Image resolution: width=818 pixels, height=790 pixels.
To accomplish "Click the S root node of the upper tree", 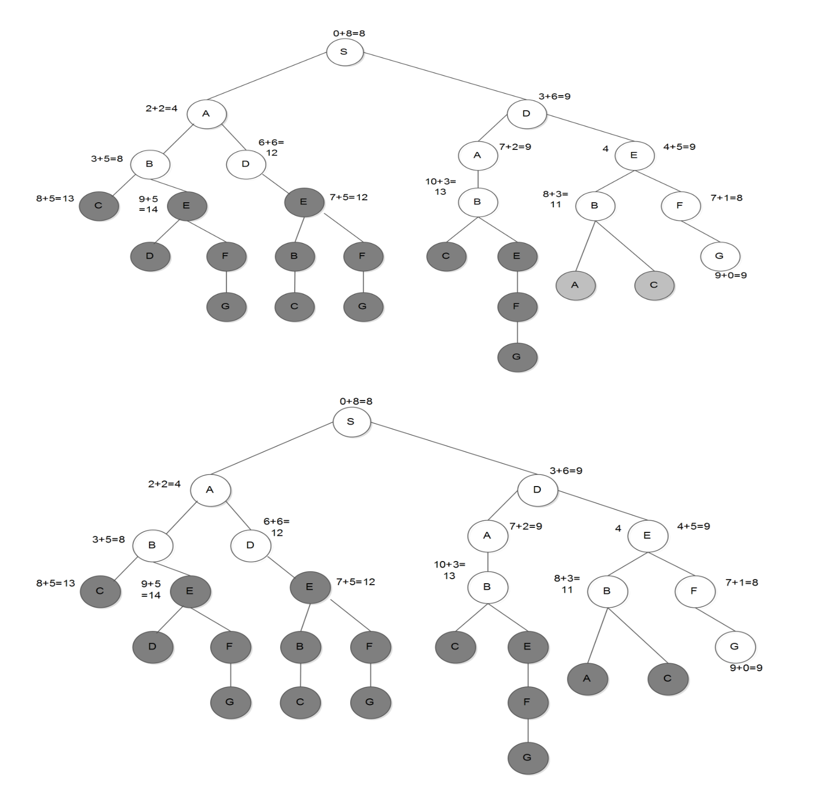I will [345, 52].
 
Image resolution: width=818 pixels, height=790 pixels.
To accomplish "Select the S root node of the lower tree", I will [351, 422].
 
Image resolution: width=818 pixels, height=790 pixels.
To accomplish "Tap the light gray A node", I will [575, 285].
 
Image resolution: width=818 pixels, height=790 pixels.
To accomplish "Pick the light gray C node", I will [654, 285].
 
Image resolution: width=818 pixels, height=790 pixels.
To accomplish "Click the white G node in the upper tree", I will [719, 256].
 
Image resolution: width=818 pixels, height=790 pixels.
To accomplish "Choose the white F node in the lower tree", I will [694, 591].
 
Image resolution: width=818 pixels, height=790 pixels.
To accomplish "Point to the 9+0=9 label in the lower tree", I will [746, 668].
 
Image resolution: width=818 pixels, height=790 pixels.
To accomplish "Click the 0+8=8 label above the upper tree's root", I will [349, 33].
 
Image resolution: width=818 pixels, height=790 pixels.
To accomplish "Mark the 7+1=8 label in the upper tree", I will [726, 198].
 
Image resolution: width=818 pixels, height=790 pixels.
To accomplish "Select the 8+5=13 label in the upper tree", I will [55, 198].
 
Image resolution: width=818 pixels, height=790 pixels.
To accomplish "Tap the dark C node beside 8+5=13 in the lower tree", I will [100, 591].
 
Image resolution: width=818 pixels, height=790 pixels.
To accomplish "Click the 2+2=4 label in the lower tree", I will [164, 484].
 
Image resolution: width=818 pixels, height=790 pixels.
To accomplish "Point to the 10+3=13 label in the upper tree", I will [441, 186].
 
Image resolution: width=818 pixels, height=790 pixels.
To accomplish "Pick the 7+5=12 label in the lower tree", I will [356, 582].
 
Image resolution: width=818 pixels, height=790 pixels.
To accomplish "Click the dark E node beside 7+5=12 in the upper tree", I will [304, 202].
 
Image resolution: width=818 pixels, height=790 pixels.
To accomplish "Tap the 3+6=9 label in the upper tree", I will [554, 96].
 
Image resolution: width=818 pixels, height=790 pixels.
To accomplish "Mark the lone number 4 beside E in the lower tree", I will [618, 528].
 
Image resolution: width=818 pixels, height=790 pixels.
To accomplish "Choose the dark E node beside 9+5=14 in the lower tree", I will [190, 591].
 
